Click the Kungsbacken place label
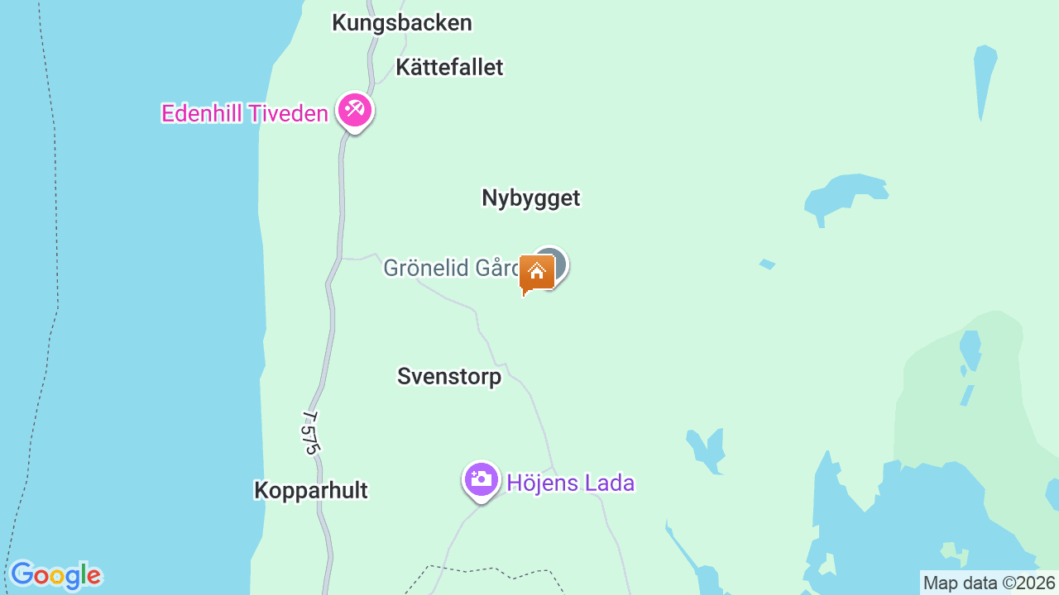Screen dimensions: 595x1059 (401, 23)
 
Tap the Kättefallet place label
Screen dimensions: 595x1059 (449, 67)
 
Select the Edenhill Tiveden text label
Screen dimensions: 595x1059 (245, 113)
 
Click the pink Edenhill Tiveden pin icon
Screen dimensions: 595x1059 (355, 110)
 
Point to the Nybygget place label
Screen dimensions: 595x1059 (531, 198)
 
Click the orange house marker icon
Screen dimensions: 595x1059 (536, 272)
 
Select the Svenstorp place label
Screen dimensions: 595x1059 (449, 377)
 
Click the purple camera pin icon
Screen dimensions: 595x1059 (481, 479)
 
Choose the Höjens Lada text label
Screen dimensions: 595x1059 (570, 483)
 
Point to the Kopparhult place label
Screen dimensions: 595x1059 (310, 491)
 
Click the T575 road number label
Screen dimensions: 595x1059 (310, 432)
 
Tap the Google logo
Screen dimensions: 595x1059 (55, 575)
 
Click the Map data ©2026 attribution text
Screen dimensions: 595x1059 (989, 583)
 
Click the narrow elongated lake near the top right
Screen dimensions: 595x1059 (984, 79)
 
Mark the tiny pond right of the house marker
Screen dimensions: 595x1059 (767, 264)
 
